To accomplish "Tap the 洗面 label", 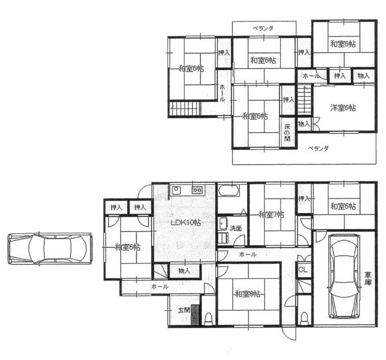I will click(235, 228).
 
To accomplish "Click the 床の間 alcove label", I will click(288, 132).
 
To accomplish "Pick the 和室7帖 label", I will click(271, 215).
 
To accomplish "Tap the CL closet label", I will click(303, 270).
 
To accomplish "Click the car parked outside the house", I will click(50, 249).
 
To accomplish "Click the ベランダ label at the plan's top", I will click(263, 28).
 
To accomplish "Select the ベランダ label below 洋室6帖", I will click(318, 149).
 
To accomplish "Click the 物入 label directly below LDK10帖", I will click(185, 270).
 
